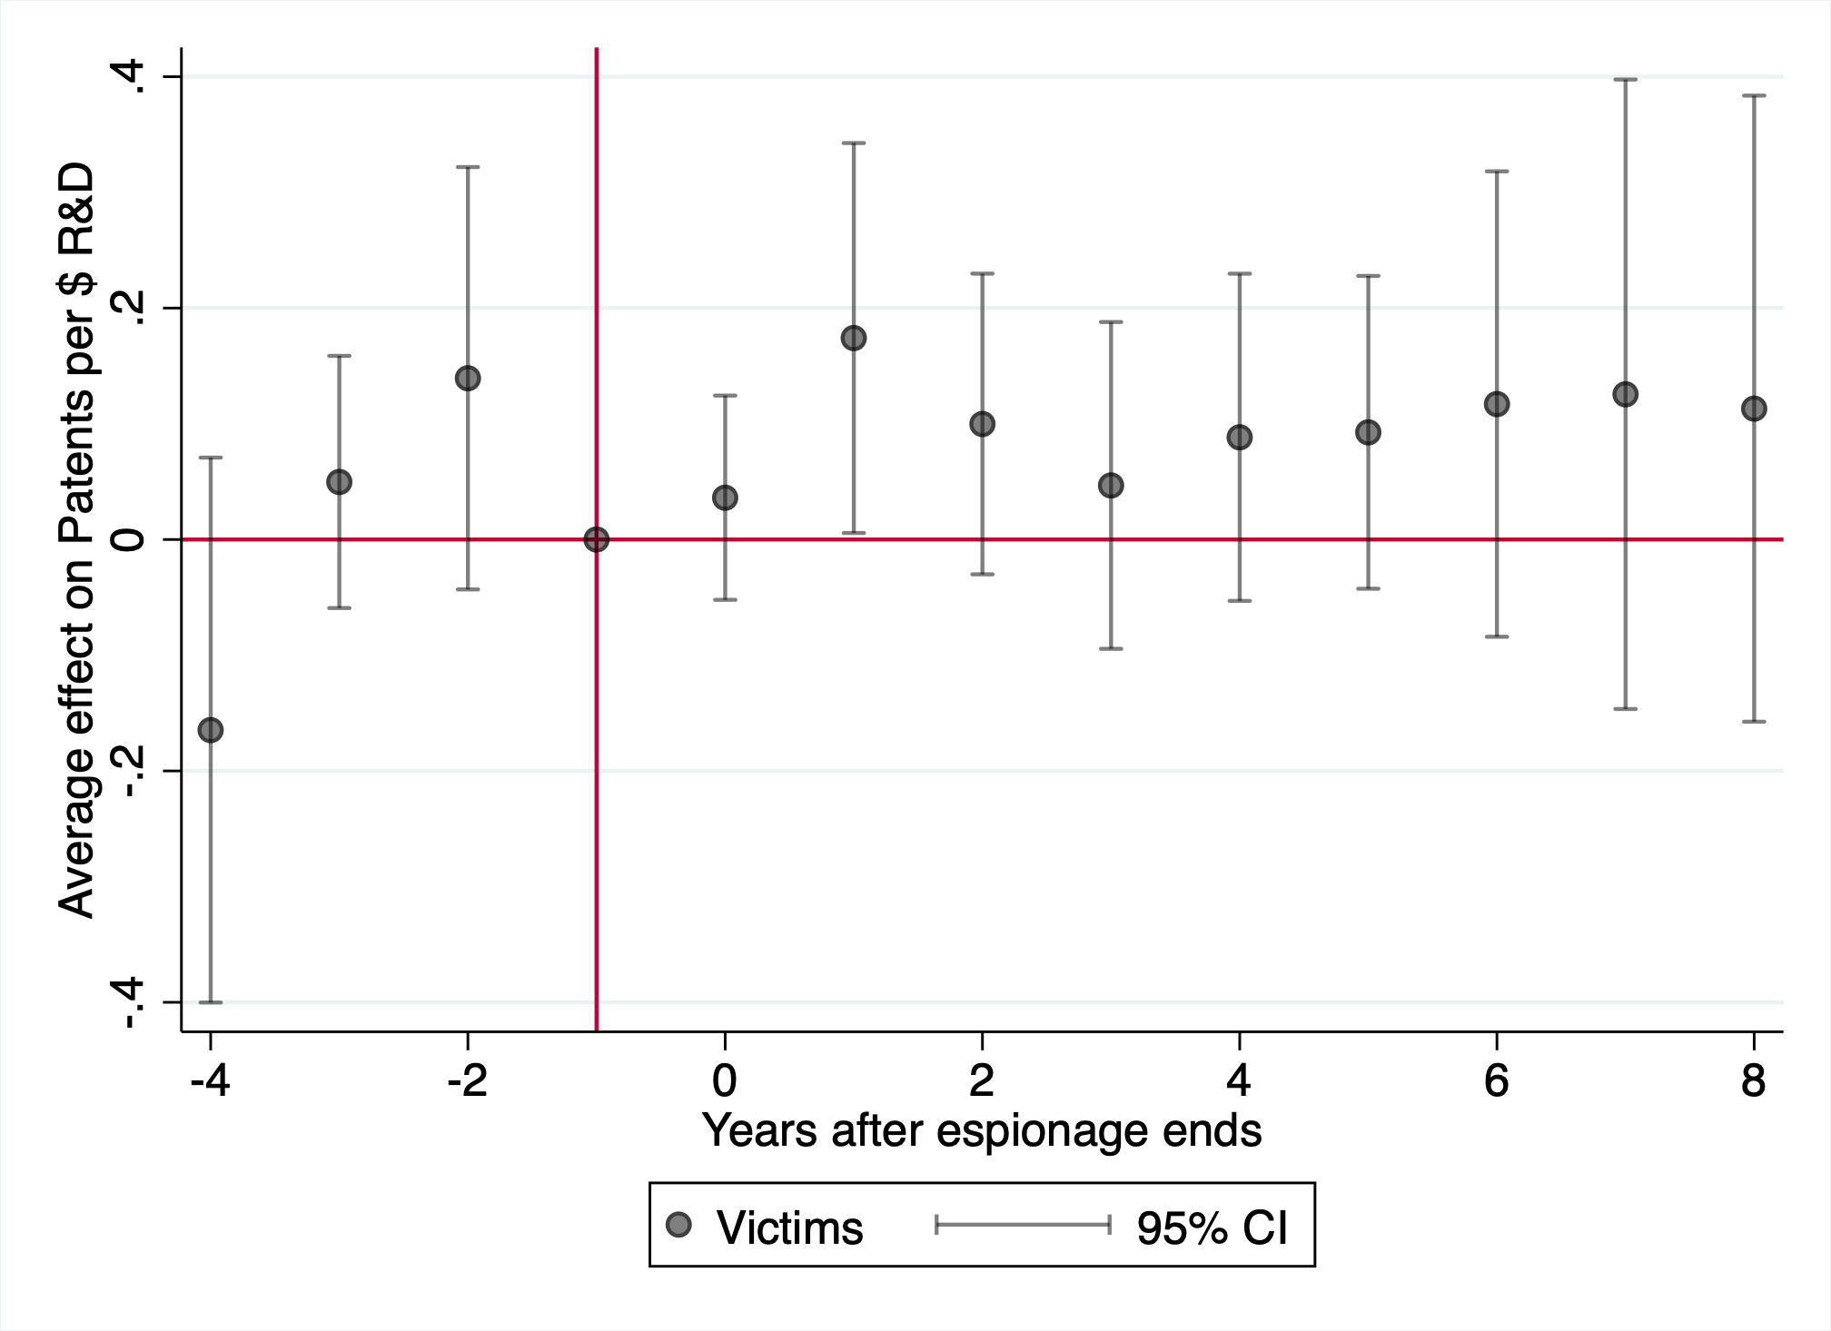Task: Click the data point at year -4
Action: coord(211,730)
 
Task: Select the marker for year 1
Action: coord(854,339)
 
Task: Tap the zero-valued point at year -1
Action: coord(596,539)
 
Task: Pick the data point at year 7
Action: coord(1625,394)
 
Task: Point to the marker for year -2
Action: coord(468,379)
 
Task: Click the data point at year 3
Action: coord(1111,486)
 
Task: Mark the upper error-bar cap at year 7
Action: coord(1625,80)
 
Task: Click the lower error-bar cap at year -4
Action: coord(211,1002)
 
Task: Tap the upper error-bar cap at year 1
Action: coord(854,143)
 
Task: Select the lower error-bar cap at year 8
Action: coord(1754,722)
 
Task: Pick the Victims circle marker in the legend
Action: coord(678,1226)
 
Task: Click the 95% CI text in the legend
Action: coord(1212,1227)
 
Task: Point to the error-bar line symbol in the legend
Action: coord(1023,1226)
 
